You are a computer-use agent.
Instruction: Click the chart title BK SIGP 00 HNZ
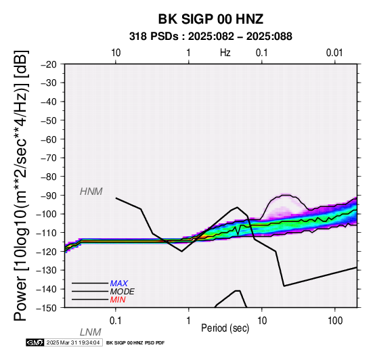pos(211,19)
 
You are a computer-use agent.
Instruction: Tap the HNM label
pos(91,192)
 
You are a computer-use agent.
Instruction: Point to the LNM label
pos(91,332)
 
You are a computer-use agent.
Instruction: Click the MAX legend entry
pos(119,284)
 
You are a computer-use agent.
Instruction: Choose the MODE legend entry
pos(123,292)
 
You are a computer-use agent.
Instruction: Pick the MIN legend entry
pos(118,300)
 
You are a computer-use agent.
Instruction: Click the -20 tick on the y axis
pos(49,64)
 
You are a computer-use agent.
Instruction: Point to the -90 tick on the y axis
pos(49,196)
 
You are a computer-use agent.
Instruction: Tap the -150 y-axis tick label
pos(47,308)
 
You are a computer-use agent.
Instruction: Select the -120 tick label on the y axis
pos(47,252)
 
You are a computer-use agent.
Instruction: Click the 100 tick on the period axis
pos(335,321)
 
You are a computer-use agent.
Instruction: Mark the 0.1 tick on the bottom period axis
pos(116,321)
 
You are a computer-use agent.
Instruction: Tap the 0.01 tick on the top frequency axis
pos(335,53)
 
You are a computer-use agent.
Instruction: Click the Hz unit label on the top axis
pos(225,53)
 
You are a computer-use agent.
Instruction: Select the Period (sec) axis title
pos(225,328)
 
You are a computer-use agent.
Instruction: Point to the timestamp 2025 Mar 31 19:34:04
pos(73,343)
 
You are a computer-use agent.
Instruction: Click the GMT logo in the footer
pos(35,343)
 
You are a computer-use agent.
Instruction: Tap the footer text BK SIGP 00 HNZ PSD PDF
pos(135,343)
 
